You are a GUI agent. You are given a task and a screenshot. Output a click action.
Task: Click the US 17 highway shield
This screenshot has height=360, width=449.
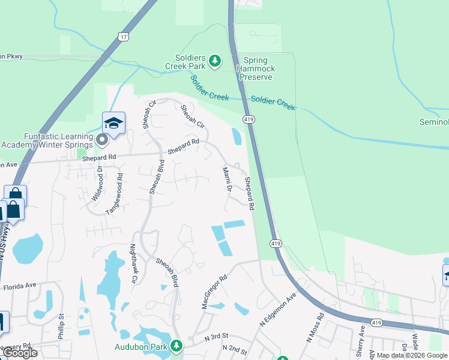122,37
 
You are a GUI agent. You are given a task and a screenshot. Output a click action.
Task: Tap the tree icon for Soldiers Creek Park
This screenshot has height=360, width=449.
215,61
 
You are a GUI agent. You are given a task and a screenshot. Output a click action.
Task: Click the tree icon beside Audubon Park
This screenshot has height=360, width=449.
176,346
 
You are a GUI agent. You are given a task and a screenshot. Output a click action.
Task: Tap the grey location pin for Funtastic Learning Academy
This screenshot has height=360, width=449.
102,141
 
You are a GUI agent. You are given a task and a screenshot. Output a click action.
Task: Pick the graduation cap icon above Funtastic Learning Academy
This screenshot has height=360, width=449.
113,124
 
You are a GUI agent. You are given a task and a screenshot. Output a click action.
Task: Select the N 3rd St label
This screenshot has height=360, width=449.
217,337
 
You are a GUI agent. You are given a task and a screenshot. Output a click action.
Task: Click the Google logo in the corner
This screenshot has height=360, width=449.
20,353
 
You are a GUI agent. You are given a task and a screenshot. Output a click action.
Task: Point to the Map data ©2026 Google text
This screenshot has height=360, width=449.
412,355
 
